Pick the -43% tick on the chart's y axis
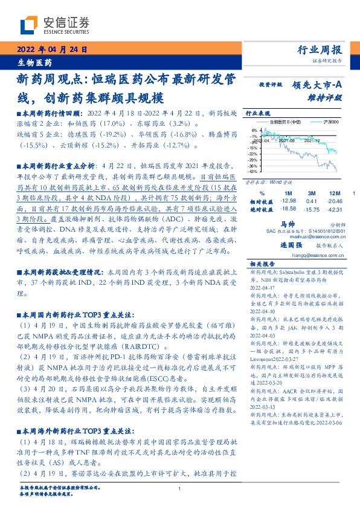click(x=252, y=172)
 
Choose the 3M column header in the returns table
click(x=312, y=192)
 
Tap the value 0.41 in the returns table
click(x=312, y=200)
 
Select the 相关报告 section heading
click(x=257, y=264)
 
